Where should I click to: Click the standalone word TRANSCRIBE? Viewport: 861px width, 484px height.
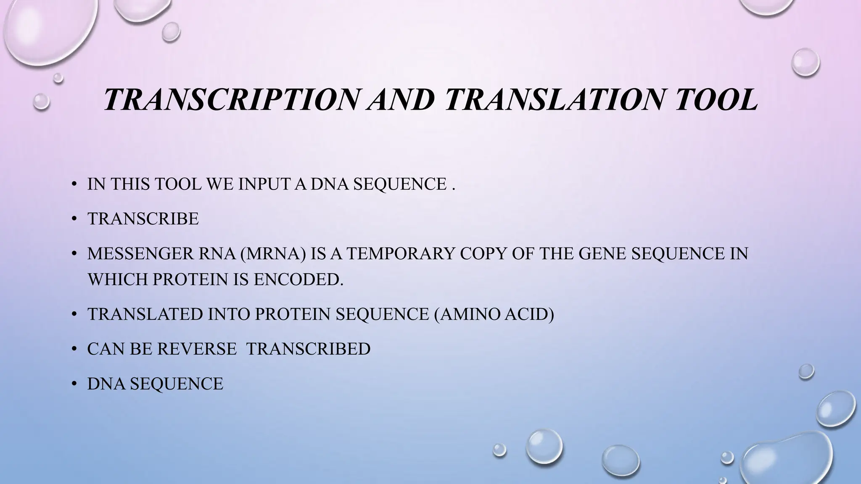pyautogui.click(x=143, y=219)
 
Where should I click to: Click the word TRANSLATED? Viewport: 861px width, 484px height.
pyautogui.click(x=145, y=314)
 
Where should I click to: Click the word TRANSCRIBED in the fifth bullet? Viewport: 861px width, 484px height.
pyautogui.click(x=308, y=349)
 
